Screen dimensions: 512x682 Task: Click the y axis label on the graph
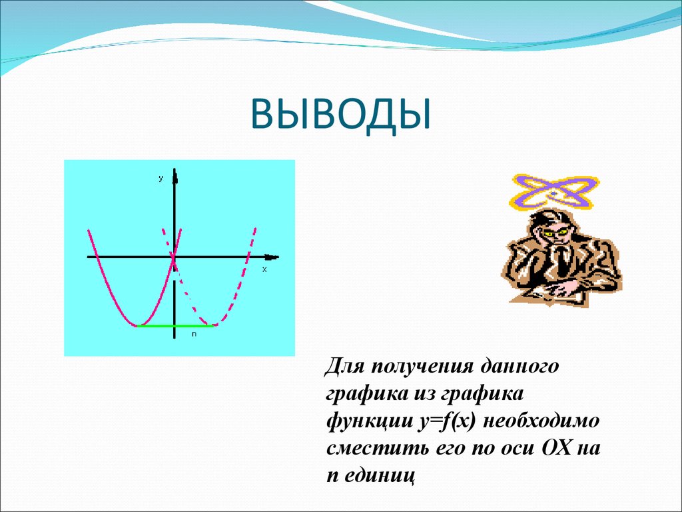coord(161,179)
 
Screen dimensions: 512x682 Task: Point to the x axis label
coord(264,269)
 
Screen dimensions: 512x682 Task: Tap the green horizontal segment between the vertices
coord(175,325)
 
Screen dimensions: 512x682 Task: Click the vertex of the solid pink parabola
coord(137,325)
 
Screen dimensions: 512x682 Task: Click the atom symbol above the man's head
coord(552,192)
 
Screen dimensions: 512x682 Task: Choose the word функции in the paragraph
coord(364,421)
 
